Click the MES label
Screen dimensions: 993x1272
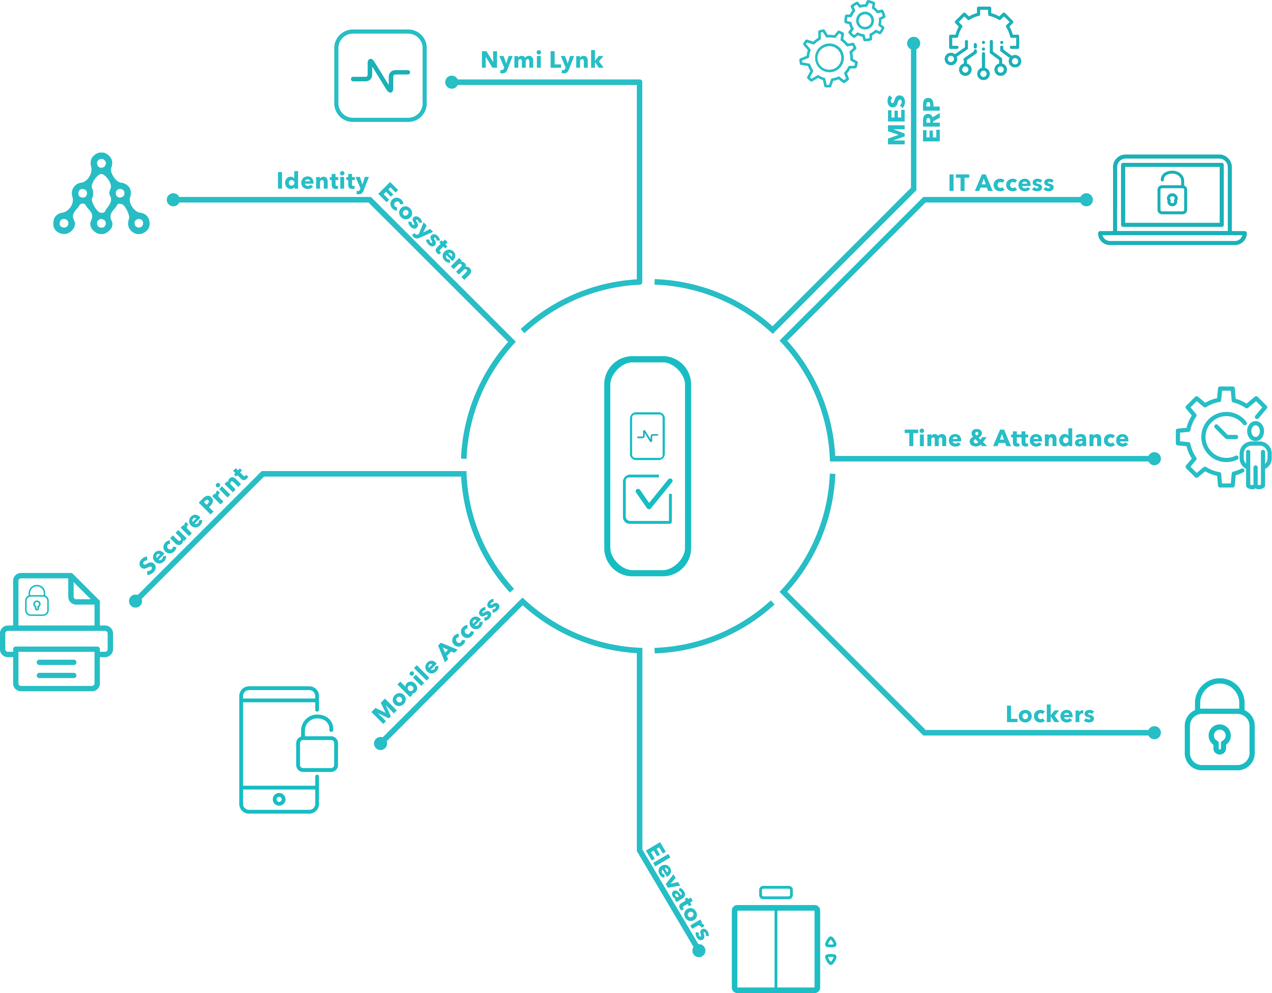pyautogui.click(x=896, y=120)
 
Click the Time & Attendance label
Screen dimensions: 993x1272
pyautogui.click(x=1016, y=438)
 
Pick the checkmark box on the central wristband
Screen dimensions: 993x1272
pyautogui.click(x=648, y=499)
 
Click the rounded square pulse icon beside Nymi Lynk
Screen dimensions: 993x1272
pyautogui.click(x=380, y=76)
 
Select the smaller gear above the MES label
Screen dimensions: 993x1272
pyautogui.click(x=865, y=21)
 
